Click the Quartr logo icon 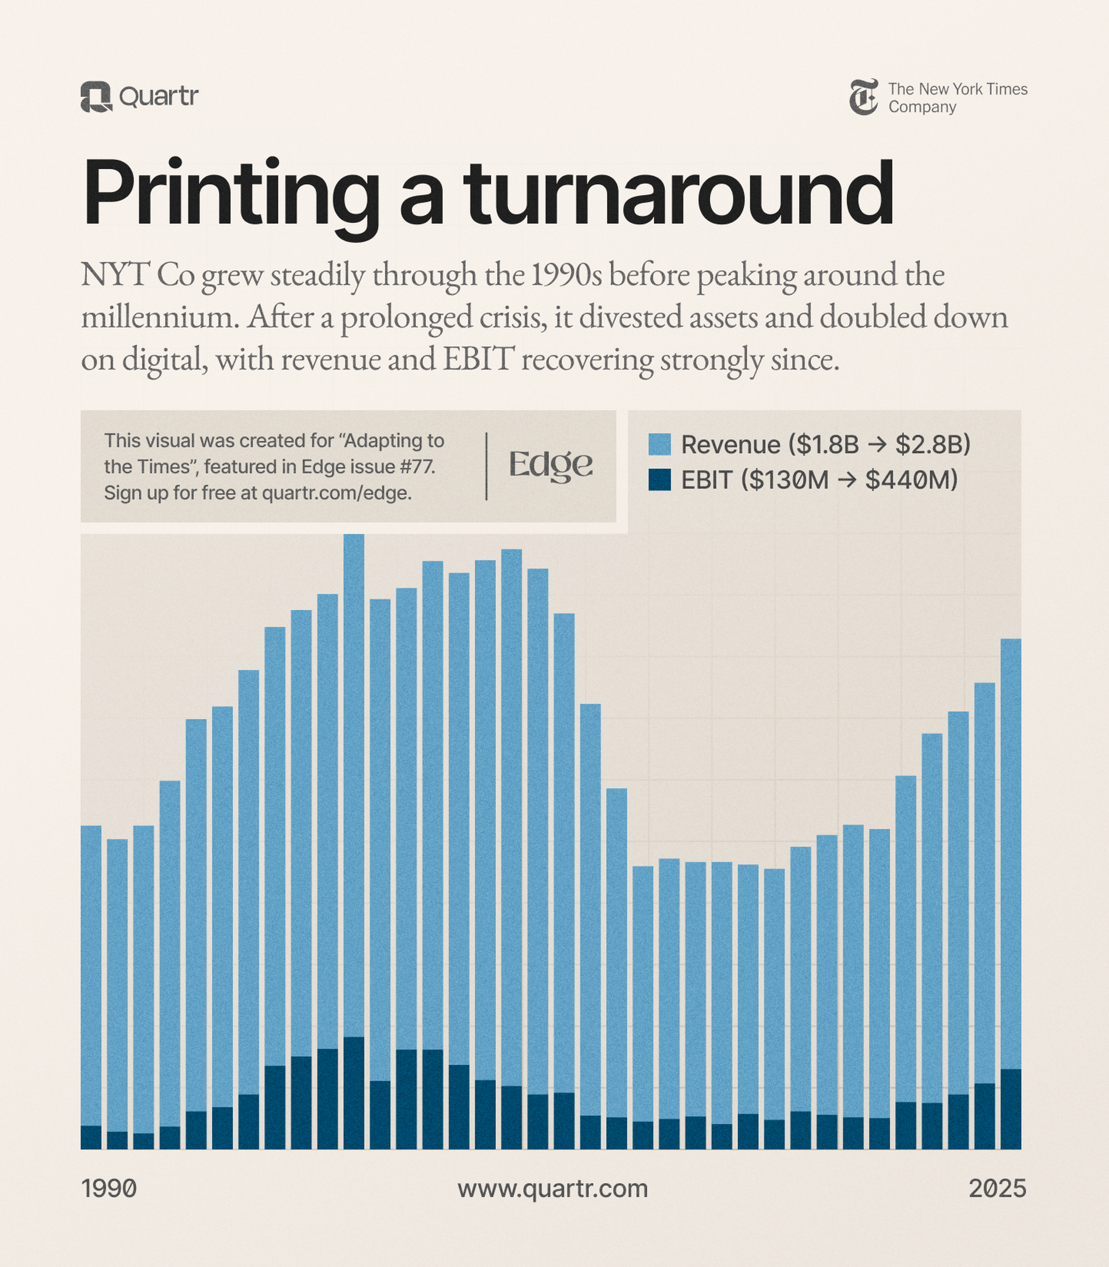coord(96,97)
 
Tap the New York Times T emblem coord(863,97)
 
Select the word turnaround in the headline coord(678,194)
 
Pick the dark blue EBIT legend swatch coord(659,480)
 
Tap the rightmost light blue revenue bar coord(1011,854)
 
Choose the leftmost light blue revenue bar coord(91,971)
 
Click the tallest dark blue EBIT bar coord(353,1093)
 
